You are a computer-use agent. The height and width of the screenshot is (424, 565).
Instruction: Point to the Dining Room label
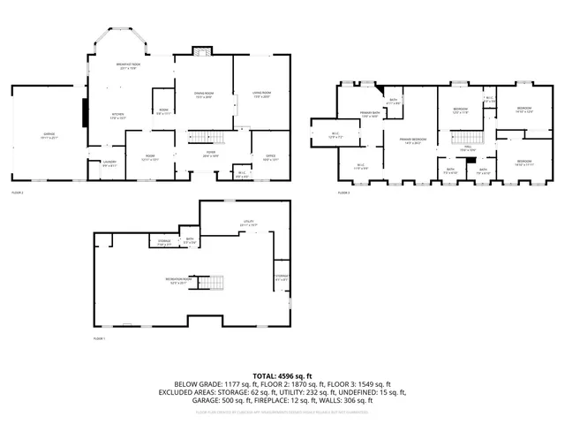(x=203, y=95)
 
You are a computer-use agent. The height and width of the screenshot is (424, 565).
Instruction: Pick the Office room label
(x=258, y=158)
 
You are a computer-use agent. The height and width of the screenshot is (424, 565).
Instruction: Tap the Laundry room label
(x=109, y=163)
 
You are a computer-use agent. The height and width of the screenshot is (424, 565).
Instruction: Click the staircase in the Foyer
(x=204, y=136)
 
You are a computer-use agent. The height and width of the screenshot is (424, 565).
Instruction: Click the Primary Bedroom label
(x=412, y=140)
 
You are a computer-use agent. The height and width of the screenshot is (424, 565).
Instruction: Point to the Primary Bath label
(x=369, y=114)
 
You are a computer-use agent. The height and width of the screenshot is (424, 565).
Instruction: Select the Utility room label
(x=249, y=223)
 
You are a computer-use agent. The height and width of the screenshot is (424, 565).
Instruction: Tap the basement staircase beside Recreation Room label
(x=212, y=284)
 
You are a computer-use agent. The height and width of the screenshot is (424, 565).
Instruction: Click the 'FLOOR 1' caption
(x=98, y=339)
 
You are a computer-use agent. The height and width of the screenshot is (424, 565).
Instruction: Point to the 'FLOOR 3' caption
(x=343, y=192)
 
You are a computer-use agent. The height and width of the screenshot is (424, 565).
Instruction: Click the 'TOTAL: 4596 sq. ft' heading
(x=282, y=376)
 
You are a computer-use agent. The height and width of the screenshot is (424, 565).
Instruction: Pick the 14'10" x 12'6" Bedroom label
(x=524, y=110)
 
